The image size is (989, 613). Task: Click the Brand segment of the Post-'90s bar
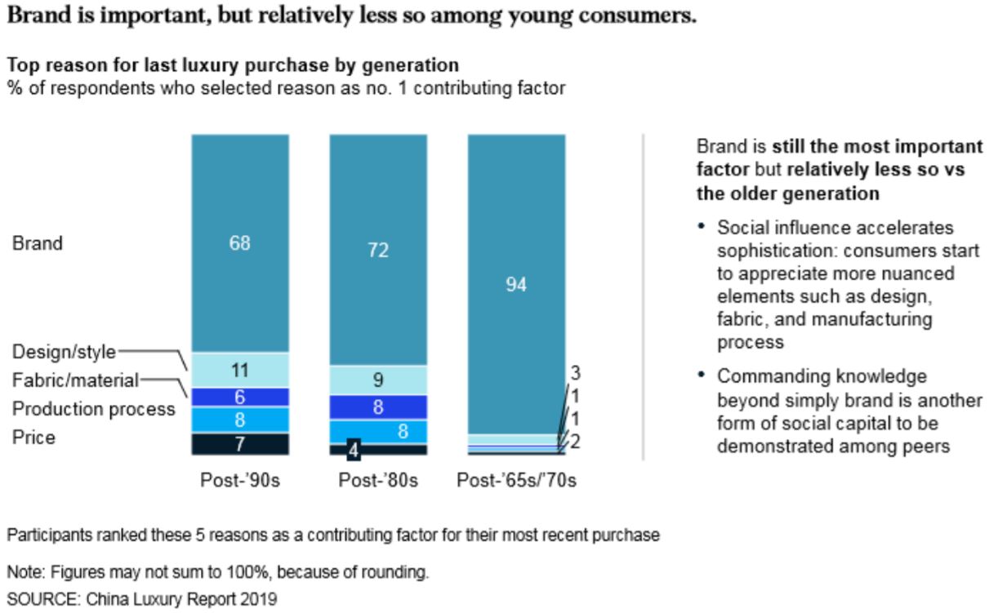pos(240,243)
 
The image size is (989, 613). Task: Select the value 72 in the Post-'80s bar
pos(378,251)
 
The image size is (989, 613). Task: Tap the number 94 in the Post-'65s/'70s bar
pos(516,285)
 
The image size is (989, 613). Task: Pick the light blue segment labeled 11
pos(240,371)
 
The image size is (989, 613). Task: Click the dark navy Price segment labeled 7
pos(240,444)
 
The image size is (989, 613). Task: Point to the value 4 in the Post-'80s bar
pos(354,450)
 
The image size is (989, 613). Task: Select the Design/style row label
pos(64,352)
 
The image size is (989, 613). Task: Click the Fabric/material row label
pos(75,380)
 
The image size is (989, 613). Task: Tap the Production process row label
pos(94,409)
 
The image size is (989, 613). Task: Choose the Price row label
pos(33,438)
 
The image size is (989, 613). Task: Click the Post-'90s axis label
pos(240,480)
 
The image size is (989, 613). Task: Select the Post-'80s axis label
pos(378,480)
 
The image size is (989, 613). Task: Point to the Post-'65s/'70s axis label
pos(517,480)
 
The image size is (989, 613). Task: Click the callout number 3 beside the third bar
pos(575,373)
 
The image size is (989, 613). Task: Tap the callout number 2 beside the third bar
pos(575,442)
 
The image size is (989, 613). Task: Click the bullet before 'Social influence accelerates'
pos(702,226)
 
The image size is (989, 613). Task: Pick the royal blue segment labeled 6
pos(240,398)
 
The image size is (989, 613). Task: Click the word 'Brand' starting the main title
pos(39,15)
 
